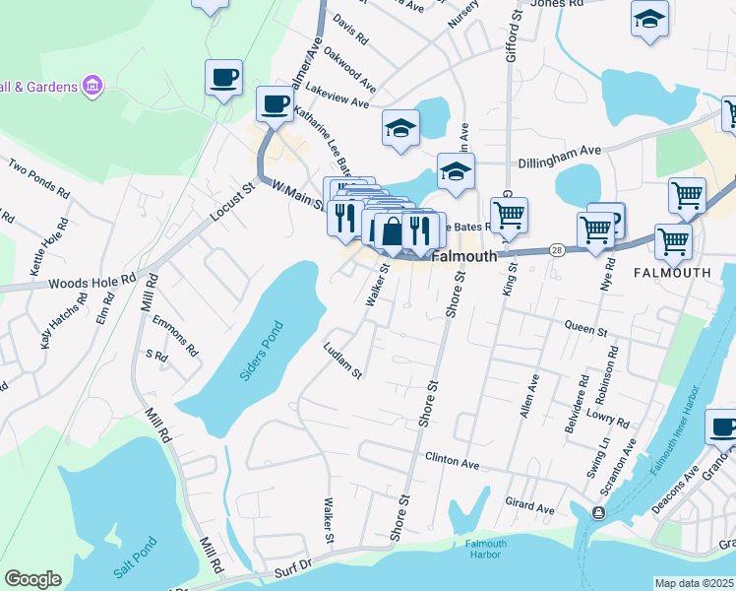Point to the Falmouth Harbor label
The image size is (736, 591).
tap(486, 549)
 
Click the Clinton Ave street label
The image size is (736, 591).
tap(452, 460)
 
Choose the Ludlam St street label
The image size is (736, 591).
tap(343, 360)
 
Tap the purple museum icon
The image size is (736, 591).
tap(92, 86)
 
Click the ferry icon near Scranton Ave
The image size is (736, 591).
tap(598, 512)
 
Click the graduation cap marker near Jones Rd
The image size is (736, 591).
tap(649, 19)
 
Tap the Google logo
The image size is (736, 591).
tap(32, 579)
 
